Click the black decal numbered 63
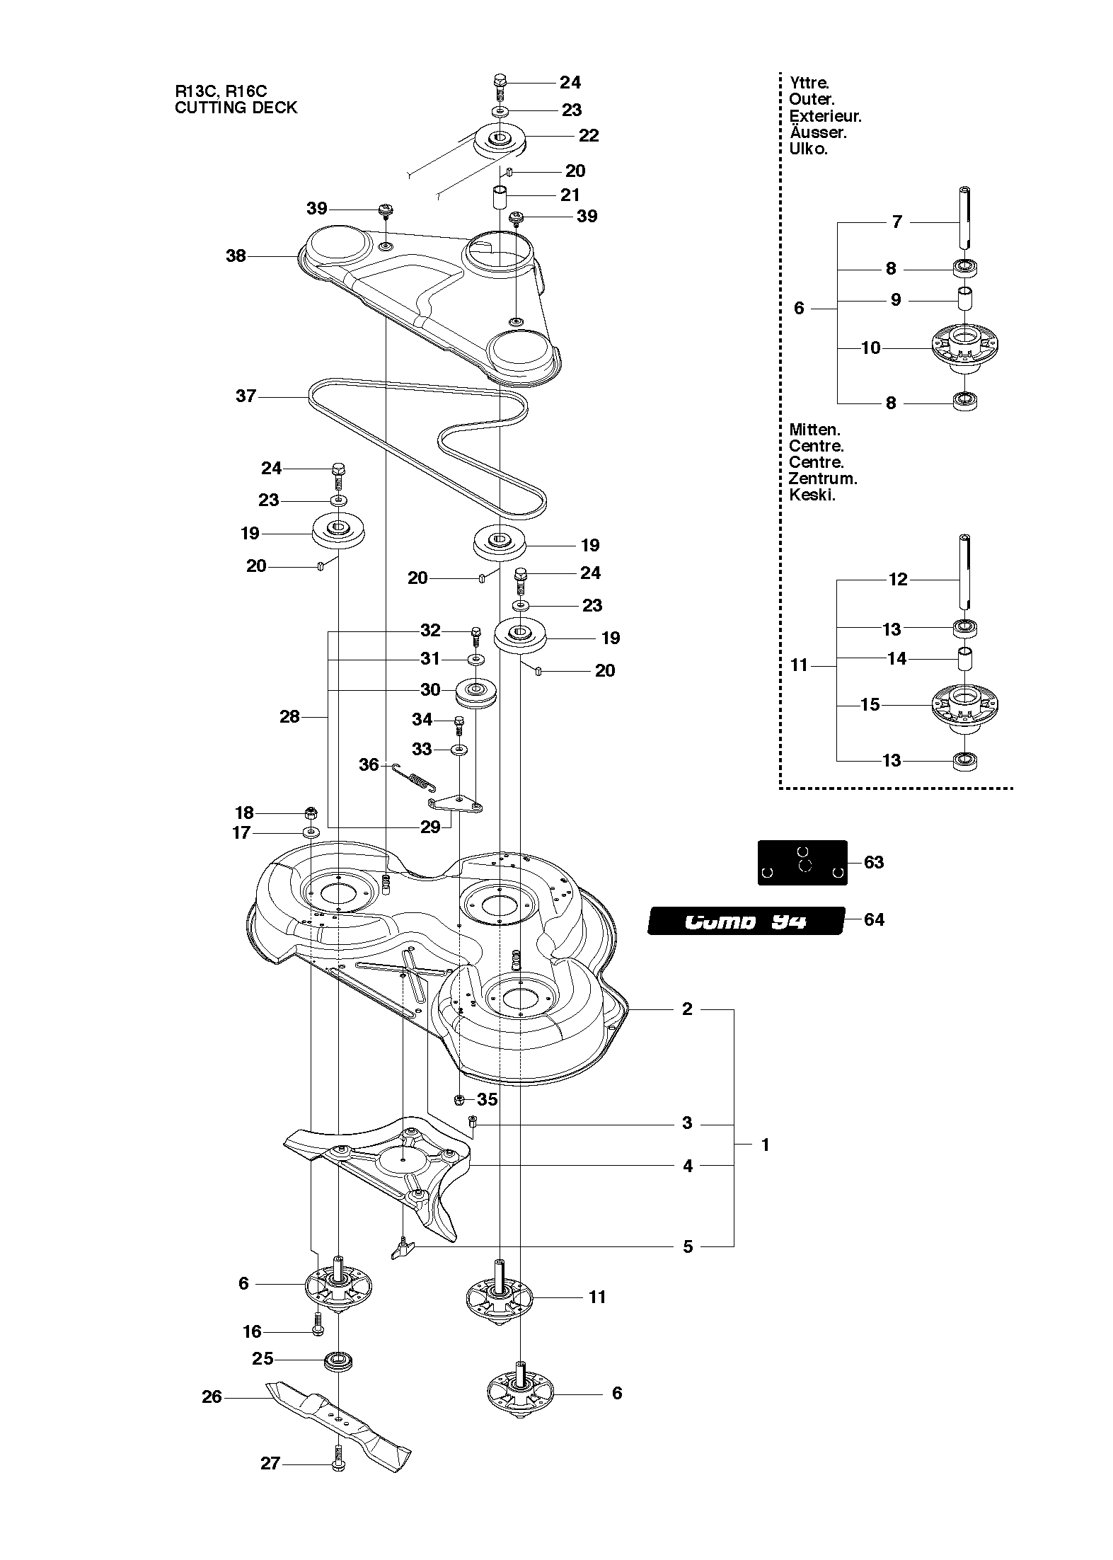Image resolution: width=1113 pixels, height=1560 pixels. point(802,862)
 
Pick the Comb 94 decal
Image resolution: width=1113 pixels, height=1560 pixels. point(746,921)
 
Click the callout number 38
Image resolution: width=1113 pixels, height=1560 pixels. point(236,256)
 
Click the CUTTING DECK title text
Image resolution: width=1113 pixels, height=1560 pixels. point(236,108)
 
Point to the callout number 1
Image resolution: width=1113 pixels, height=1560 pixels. point(765,1145)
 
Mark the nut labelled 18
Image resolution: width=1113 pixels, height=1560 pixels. point(310,812)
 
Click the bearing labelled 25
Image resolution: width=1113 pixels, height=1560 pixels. point(338,1360)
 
